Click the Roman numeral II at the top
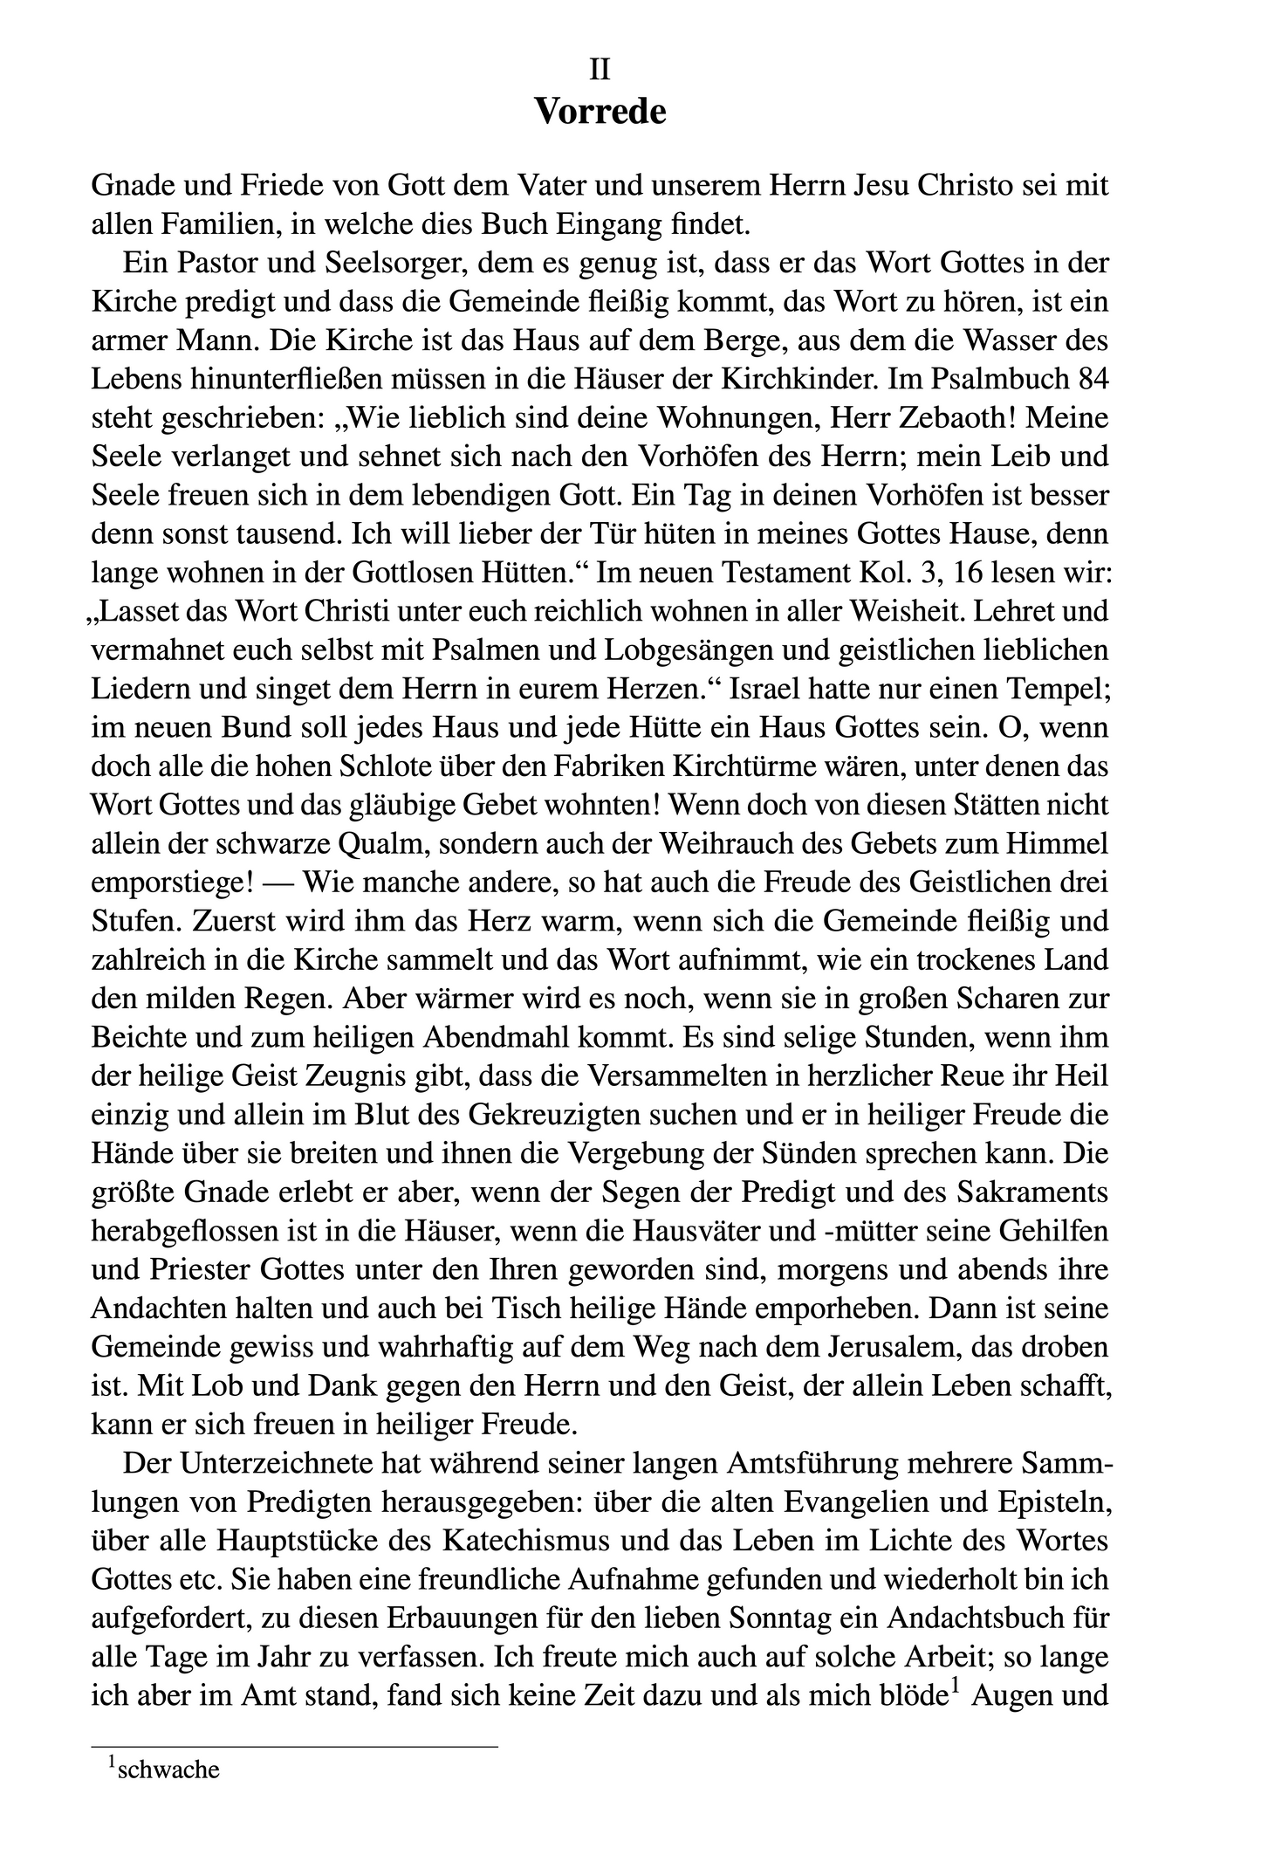click(600, 69)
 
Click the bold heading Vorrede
click(600, 113)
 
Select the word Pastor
click(206, 263)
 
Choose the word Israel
click(771, 689)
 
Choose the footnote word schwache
click(168, 1770)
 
